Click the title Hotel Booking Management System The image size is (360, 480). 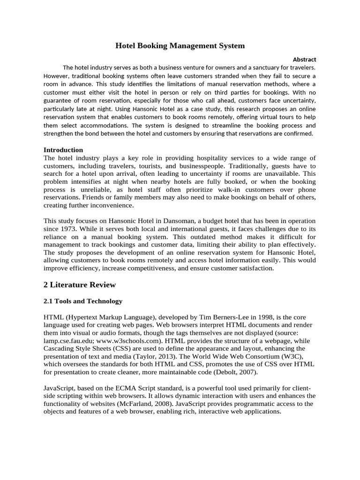coord(180,46)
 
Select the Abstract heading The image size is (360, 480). coord(304,60)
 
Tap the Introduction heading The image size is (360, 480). coord(63,150)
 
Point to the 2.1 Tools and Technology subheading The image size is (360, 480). coord(82,301)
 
